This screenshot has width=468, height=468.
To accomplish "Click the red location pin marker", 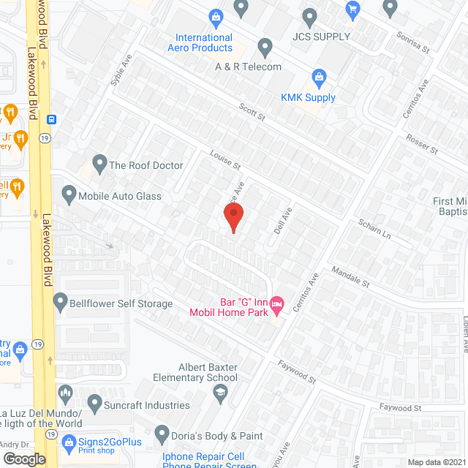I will click(x=233, y=217).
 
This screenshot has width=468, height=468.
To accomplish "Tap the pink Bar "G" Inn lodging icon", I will click(x=276, y=303).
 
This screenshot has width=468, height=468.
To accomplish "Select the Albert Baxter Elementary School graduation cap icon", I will click(x=219, y=393).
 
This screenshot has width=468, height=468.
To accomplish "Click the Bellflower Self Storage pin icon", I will click(x=59, y=301).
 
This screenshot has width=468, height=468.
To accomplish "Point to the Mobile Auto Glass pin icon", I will click(x=69, y=195).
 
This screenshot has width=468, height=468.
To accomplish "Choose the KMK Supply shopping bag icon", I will click(x=319, y=76).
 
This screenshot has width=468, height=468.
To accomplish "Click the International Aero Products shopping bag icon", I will click(x=216, y=16).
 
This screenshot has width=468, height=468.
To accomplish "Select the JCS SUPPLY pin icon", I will click(x=309, y=16).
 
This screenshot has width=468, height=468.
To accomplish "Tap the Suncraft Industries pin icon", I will click(x=94, y=402).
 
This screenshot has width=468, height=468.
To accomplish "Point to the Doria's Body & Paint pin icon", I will click(x=159, y=434).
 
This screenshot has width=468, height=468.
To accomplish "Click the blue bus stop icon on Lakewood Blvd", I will click(x=52, y=119).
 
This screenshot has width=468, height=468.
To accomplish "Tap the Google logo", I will click(x=23, y=458).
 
